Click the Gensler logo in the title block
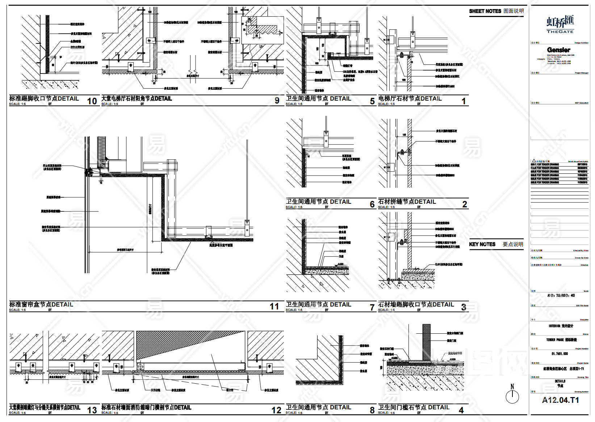coord(558,50)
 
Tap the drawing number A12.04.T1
coord(560,400)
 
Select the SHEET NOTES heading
coord(485,11)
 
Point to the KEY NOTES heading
coord(482,244)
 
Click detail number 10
coord(92,101)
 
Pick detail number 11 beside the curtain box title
coord(274,307)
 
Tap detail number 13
coord(92,410)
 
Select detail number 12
coord(276,410)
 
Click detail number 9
coord(277,101)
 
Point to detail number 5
coord(372,101)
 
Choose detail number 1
coord(464,101)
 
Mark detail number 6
coord(372,204)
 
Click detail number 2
coord(465,204)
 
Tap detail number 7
coord(372,308)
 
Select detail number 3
coord(464,307)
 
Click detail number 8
coord(372,410)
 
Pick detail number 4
coord(461,410)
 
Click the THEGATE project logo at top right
coord(560,25)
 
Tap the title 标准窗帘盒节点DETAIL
coord(41,305)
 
